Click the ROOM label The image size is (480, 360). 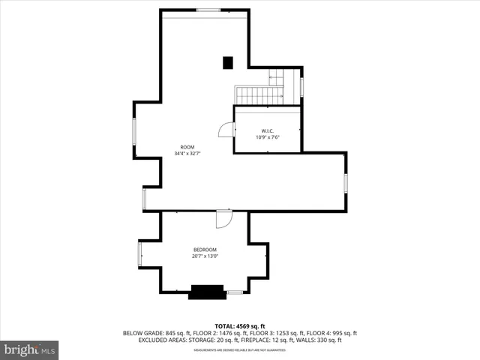point(187,147)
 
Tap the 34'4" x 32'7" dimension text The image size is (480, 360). point(187,154)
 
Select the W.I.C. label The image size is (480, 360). point(266,130)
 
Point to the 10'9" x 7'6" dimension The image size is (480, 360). point(266,136)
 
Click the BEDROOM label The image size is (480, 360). point(205,250)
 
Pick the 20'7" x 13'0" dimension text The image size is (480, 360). point(205,256)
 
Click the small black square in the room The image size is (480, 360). point(228,63)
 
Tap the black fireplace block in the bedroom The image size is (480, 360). point(207,292)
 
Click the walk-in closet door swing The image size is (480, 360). point(226,130)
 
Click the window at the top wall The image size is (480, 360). point(208,10)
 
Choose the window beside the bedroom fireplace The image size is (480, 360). point(235,292)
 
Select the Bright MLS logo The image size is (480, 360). point(29,349)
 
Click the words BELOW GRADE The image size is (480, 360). point(142,333)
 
